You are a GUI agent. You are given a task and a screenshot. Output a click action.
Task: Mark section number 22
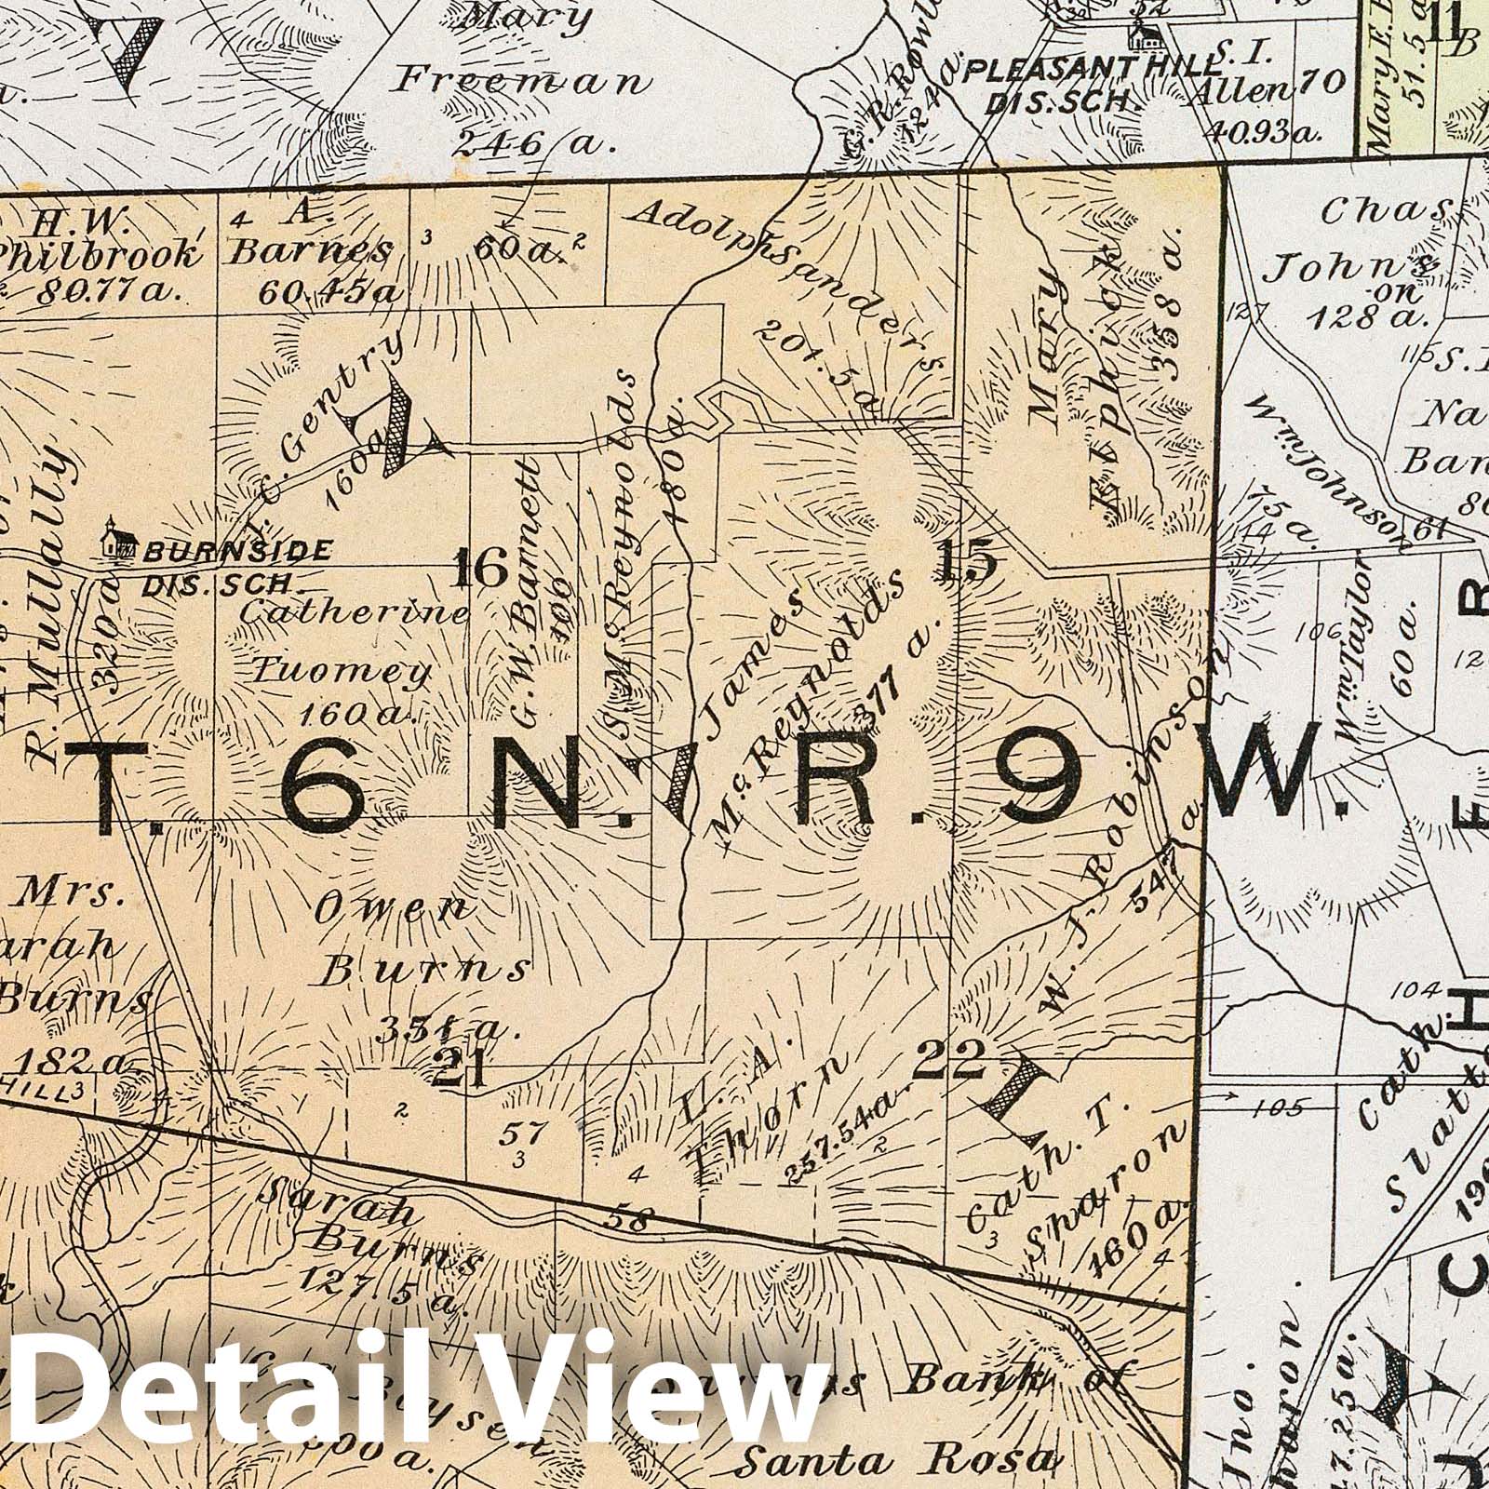tap(948, 1058)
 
